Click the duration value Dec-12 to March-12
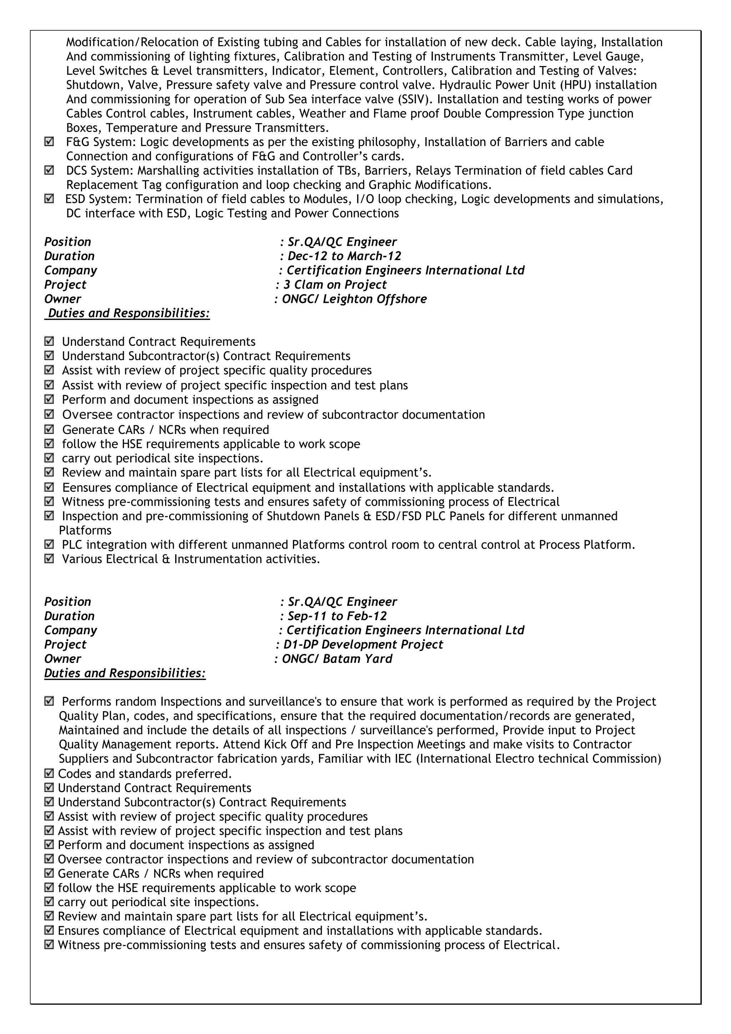[x=344, y=256]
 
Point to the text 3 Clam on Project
[x=335, y=285]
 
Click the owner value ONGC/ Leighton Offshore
[x=354, y=299]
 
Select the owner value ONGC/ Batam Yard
[x=337, y=659]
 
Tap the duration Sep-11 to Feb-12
[x=337, y=616]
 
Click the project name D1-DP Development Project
[x=363, y=644]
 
